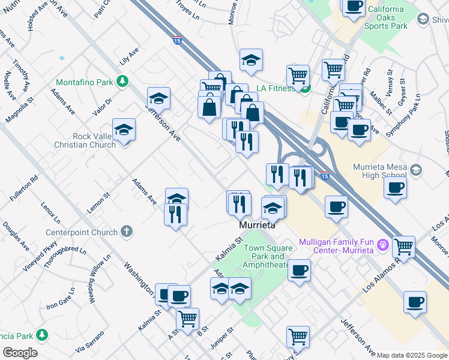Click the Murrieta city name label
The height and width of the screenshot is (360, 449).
pos(257,226)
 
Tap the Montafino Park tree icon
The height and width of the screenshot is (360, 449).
pos(122,81)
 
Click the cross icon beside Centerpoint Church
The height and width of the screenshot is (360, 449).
pos(126,231)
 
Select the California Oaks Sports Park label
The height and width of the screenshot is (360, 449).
pos(394,19)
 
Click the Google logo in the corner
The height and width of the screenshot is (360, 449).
pos(19,352)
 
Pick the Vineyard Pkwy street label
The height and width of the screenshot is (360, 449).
pos(40,257)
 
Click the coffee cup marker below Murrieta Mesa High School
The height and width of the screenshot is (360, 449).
pos(395,188)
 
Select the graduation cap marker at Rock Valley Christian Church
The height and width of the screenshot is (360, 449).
pos(124,130)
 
